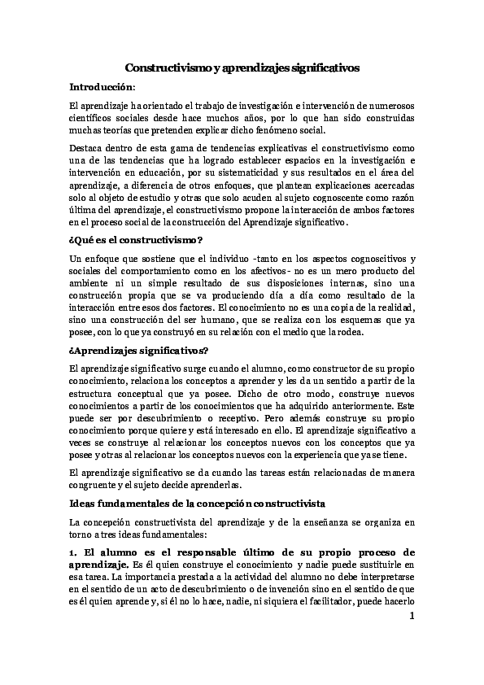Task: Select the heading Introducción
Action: click(x=102, y=86)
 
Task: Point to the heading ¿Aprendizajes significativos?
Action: click(x=139, y=351)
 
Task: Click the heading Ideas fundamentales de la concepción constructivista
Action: click(x=198, y=504)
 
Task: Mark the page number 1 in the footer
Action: click(x=412, y=615)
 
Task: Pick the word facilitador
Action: click(x=312, y=602)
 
